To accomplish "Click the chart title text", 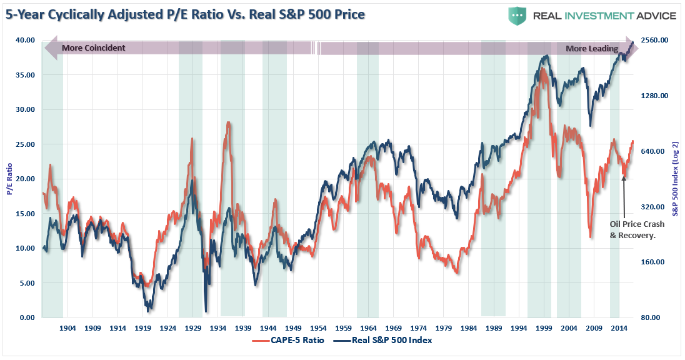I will coord(186,14).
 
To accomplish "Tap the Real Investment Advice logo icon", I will coord(517,15).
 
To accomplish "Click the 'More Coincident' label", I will coord(94,48).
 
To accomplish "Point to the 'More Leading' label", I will coord(592,48).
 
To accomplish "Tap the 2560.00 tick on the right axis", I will coord(654,40).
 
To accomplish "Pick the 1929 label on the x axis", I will coord(193,328).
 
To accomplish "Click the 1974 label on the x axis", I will coord(419,328).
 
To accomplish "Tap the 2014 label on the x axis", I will coord(619,328).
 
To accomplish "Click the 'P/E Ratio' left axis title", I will coord(9,178).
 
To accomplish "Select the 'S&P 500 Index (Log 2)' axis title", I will coord(676,178).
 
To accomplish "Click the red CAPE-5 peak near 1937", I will coord(229,123).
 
